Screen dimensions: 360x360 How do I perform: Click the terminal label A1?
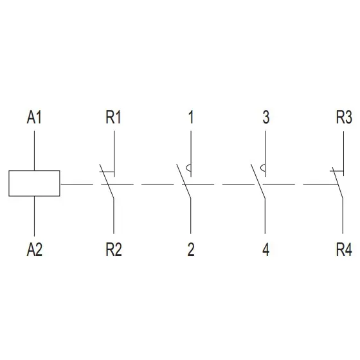34,117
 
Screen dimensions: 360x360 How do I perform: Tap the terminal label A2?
35,249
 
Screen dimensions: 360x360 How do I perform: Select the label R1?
113,117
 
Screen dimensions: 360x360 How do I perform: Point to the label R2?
114,249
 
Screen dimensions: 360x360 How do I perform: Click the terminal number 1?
191,117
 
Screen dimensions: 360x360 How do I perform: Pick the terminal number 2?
191,249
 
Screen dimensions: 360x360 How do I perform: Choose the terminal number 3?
266,117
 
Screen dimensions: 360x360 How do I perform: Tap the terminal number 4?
266,249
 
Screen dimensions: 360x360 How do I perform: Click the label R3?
344,117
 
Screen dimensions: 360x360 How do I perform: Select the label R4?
344,249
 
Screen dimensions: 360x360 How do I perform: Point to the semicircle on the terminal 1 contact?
188,168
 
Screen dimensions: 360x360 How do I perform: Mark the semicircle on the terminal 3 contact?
262,168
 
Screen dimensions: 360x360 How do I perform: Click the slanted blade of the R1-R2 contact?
107,181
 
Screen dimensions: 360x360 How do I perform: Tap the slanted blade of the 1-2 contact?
184,181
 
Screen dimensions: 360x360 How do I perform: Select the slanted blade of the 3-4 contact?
258,181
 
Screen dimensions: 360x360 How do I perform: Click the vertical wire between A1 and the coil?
35,150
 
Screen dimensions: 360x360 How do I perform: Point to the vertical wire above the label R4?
343,216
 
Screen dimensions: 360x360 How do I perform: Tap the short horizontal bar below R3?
337,171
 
